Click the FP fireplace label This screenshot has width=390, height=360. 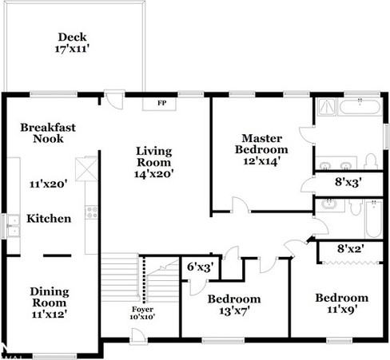coord(162,103)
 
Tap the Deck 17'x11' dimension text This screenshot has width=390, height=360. coord(72,49)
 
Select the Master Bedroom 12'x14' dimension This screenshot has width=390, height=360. coord(261,161)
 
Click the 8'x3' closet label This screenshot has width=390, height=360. coord(348,182)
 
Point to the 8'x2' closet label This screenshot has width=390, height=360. coord(351,249)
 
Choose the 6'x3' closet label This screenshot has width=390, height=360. coord(201,267)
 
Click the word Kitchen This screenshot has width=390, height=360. coord(49,219)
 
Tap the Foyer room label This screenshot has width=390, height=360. coord(143,310)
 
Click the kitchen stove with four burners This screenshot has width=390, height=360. coord(92,212)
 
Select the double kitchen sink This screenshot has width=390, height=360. coord(14,226)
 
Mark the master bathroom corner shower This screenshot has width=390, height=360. coord(327,107)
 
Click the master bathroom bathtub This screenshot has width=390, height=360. coord(360,107)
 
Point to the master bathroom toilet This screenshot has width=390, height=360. coord(371,161)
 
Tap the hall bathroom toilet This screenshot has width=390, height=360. coord(356,207)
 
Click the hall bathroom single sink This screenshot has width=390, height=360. coord(329,205)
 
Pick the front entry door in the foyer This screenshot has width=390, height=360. coord(138,337)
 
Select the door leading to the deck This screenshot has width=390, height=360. coord(114,99)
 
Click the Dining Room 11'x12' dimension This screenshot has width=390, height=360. coord(50,315)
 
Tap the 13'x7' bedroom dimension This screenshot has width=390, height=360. coord(234,311)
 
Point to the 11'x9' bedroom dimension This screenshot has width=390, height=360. coord(342,309)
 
